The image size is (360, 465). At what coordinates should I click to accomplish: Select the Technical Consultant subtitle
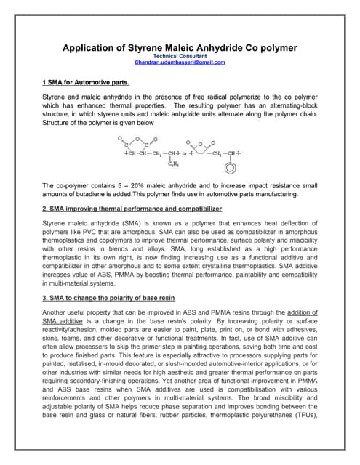(x=180, y=56)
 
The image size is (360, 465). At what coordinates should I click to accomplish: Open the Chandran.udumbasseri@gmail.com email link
(x=180, y=62)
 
